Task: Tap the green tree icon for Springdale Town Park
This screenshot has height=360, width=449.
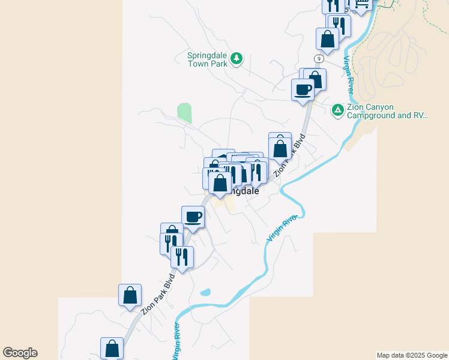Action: point(237,58)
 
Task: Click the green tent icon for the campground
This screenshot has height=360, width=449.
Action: point(337,110)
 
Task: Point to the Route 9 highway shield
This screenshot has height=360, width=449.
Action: point(318,58)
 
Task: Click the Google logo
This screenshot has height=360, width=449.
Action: point(20,353)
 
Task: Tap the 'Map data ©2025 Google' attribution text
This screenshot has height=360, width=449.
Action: point(412,355)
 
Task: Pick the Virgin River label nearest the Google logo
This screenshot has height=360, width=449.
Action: point(176,341)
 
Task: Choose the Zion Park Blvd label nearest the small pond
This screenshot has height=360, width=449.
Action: point(157,295)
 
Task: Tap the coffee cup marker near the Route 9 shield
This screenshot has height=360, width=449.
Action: point(303,90)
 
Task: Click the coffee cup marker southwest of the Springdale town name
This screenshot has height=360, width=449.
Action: point(193,217)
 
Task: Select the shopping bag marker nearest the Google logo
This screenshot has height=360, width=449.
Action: point(112,347)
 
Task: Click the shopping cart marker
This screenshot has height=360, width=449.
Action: point(361,4)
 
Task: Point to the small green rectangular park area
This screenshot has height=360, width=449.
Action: point(185,112)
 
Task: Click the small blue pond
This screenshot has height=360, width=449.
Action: point(205,293)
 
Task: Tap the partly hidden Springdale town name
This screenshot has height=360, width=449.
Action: point(246,191)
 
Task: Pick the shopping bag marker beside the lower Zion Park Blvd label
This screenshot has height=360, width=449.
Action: point(130,295)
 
